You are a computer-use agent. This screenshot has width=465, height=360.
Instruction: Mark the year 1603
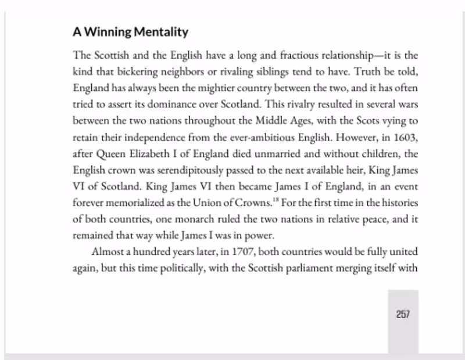pos(405,138)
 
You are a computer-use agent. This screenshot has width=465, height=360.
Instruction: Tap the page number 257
pos(403,314)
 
